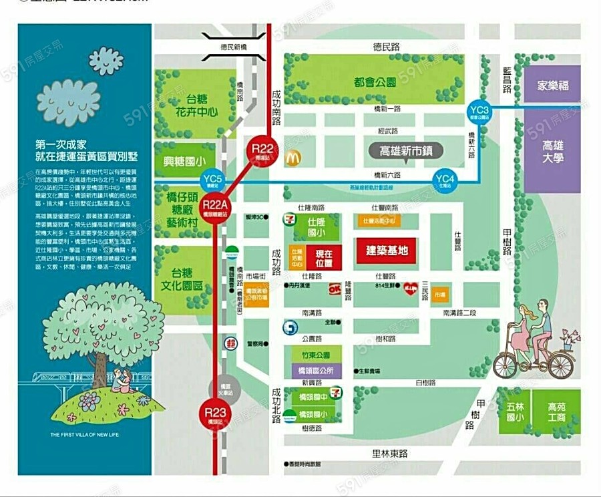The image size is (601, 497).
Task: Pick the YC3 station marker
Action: [479, 111]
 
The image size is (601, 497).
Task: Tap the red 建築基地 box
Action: [387, 251]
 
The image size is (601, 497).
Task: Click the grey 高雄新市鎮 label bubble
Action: [406, 152]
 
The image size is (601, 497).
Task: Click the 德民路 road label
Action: [386, 47]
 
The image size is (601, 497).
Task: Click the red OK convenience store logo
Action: [335, 289]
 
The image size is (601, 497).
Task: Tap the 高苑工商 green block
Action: [556, 411]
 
